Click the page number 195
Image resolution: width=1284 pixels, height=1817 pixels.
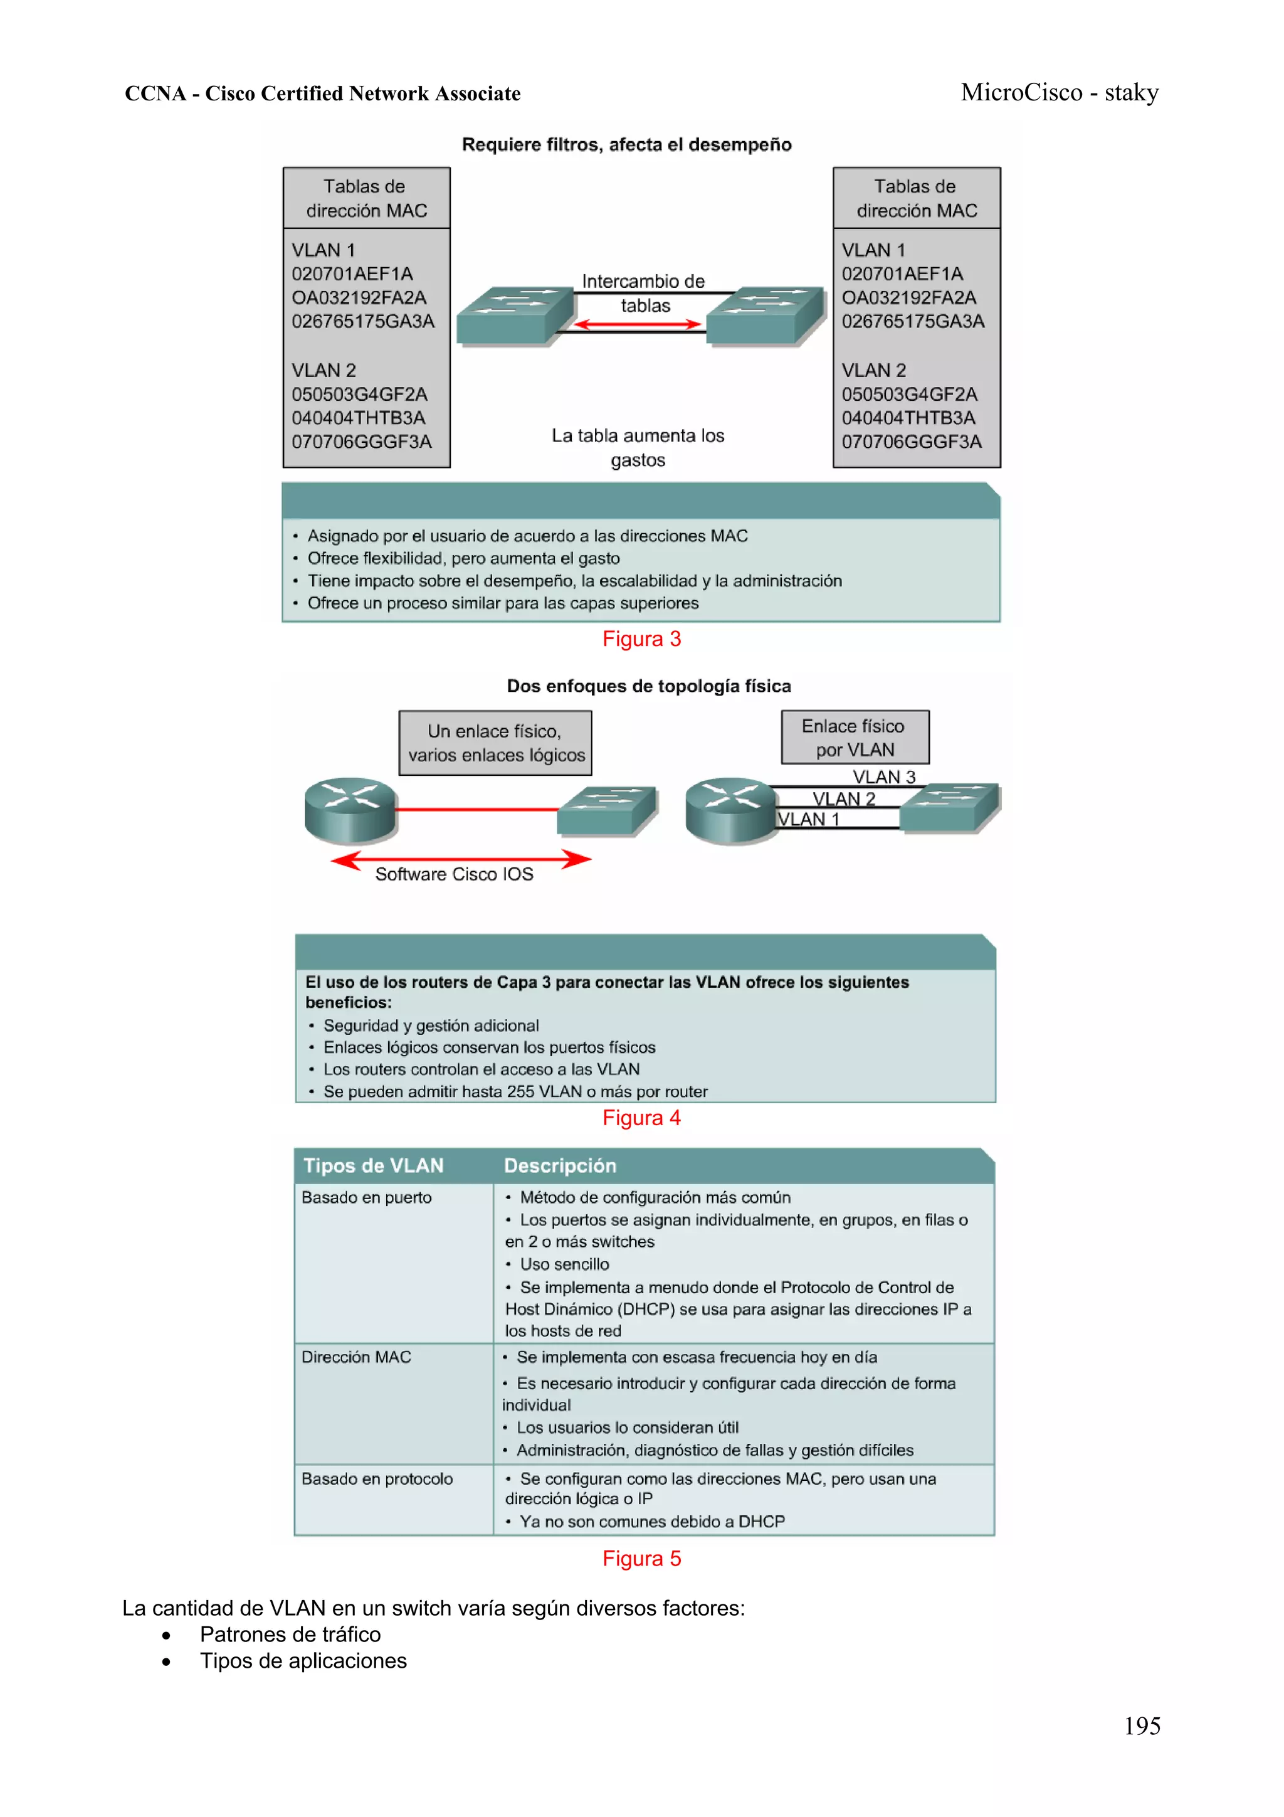point(1142,1725)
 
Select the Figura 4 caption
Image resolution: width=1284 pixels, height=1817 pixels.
point(641,1118)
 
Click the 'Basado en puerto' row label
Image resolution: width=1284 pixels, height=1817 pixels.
point(366,1197)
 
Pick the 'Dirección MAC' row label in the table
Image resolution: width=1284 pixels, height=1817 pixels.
point(356,1357)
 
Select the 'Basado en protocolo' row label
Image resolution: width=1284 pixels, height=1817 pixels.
point(377,1478)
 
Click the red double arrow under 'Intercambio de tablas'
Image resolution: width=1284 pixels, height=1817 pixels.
point(638,324)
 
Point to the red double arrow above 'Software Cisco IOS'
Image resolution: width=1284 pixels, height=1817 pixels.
point(461,859)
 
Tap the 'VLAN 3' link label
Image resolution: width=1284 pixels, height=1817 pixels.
point(883,777)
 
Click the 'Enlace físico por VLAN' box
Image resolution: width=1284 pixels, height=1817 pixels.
point(855,738)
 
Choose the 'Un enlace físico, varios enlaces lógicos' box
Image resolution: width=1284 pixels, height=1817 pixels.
point(495,743)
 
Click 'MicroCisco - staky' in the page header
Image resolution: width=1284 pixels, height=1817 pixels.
point(1060,93)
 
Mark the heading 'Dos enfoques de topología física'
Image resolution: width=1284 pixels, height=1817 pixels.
point(649,686)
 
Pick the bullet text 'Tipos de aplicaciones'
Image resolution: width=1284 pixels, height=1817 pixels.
point(303,1660)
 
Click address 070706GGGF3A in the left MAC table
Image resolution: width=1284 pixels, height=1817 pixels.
point(362,442)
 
